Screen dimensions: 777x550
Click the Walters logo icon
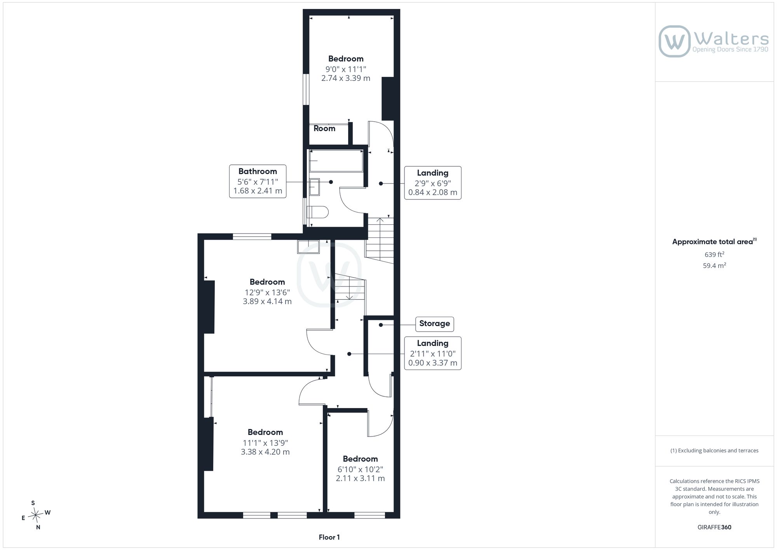coord(674,41)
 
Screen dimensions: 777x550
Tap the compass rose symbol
coord(35,515)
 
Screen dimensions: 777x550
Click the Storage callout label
coord(434,324)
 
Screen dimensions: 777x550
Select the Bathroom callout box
coord(258,181)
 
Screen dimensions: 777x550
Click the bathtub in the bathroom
coord(336,161)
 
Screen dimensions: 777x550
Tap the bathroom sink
coord(314,187)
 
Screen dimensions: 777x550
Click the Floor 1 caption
coord(329,537)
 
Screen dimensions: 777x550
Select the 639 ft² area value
coord(714,255)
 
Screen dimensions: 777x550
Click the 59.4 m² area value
coord(714,265)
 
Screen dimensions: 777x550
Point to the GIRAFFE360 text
coord(714,527)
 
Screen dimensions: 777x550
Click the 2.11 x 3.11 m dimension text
coord(360,478)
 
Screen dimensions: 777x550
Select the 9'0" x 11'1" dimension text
coord(346,69)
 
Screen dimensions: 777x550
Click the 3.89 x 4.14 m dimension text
coord(267,301)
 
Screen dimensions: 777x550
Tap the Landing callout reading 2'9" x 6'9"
coord(433,183)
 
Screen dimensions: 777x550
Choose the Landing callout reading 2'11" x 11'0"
coord(433,353)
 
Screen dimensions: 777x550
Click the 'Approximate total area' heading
coord(714,241)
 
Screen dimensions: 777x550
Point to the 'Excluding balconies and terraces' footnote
coord(714,450)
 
